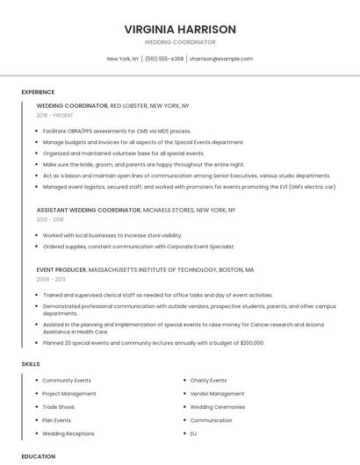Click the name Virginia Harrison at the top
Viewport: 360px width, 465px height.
tap(180, 29)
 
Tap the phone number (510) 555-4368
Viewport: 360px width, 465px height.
tap(164, 59)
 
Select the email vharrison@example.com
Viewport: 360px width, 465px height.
tap(220, 59)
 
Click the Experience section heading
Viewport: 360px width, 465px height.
tap(38, 92)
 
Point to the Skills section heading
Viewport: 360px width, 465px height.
tap(31, 363)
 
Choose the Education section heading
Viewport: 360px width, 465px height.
tap(39, 456)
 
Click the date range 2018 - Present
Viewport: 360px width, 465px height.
tap(55, 115)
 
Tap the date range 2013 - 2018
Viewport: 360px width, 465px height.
tap(50, 220)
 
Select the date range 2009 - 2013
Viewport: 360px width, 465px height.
tap(51, 279)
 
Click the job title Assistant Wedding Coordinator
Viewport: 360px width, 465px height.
tap(88, 211)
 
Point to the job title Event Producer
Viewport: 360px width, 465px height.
tap(61, 269)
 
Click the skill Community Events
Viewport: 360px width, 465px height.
tap(67, 381)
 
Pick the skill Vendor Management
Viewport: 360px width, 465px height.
tap(217, 394)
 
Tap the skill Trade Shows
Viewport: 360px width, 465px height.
tap(59, 407)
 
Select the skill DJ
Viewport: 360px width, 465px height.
tap(193, 433)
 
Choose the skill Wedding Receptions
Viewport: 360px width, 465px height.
tap(68, 433)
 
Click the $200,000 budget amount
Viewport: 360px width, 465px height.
tap(251, 343)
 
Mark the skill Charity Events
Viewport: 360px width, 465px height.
tap(208, 381)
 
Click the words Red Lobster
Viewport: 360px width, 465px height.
tap(128, 105)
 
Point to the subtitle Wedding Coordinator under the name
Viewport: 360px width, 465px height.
tap(180, 42)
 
